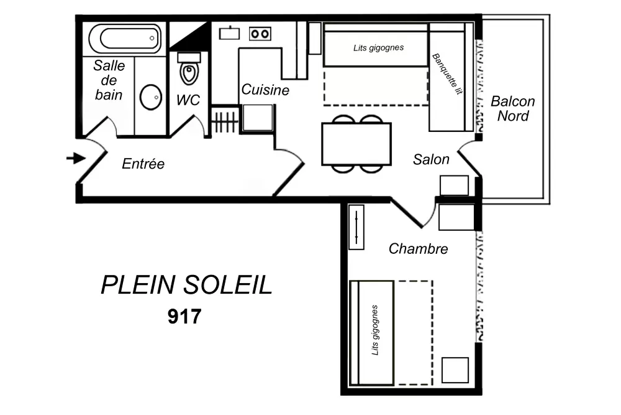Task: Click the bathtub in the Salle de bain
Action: pyautogui.click(x=125, y=39)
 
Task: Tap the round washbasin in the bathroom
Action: pyautogui.click(x=150, y=97)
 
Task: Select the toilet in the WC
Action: pyautogui.click(x=189, y=72)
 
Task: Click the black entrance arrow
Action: pyautogui.click(x=75, y=159)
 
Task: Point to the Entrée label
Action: pyautogui.click(x=143, y=164)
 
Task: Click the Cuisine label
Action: pyautogui.click(x=265, y=90)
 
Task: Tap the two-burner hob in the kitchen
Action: pyautogui.click(x=260, y=34)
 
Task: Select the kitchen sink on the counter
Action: pyautogui.click(x=229, y=32)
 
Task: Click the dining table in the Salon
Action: pyautogui.click(x=356, y=144)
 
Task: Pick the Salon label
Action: pyautogui.click(x=431, y=160)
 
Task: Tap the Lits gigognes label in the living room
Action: pyautogui.click(x=378, y=47)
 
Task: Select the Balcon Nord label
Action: pyautogui.click(x=512, y=109)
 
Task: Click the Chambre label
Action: pyautogui.click(x=418, y=249)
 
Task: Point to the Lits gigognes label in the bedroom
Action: pyautogui.click(x=374, y=330)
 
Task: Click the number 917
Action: pyautogui.click(x=184, y=317)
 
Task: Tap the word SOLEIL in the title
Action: pyautogui.click(x=228, y=286)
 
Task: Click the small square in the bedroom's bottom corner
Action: pyautogui.click(x=455, y=370)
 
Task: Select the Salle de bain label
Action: pyautogui.click(x=109, y=80)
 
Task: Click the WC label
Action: pyautogui.click(x=188, y=100)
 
